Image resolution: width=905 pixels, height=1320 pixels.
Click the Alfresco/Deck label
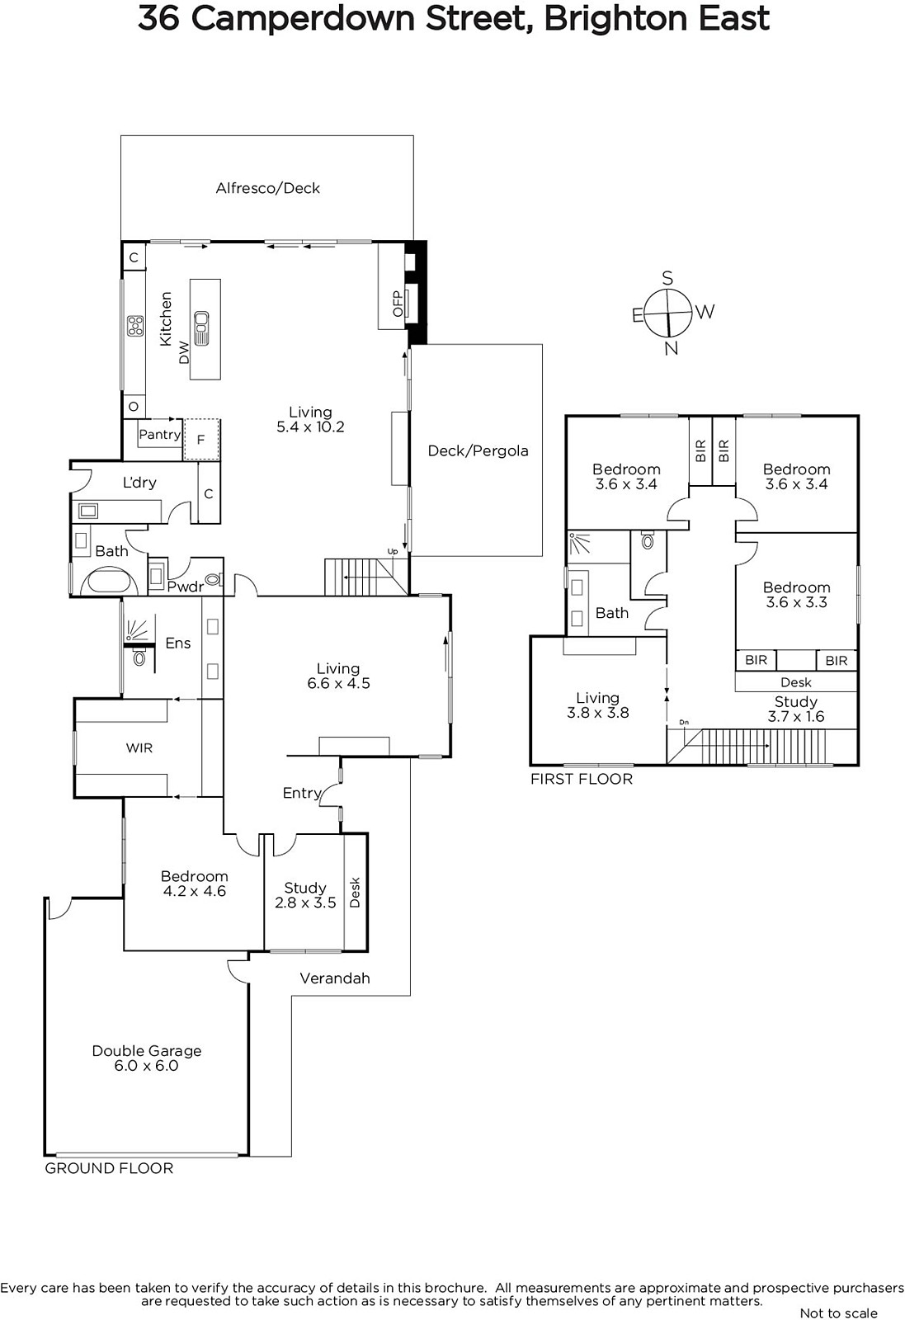[x=267, y=188]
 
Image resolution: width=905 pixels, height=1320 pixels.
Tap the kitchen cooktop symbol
[x=135, y=325]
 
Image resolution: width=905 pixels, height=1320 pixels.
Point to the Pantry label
[x=160, y=434]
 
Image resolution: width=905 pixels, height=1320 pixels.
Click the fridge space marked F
[x=201, y=440]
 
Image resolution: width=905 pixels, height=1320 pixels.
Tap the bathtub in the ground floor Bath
[x=110, y=581]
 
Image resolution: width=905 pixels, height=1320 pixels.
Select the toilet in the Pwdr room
[x=213, y=580]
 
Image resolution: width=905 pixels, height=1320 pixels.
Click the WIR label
[x=139, y=747]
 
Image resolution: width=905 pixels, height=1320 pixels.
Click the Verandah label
[x=335, y=978]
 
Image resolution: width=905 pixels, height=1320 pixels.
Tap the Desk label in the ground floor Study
[x=355, y=893]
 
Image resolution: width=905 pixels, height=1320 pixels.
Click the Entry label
[x=302, y=793]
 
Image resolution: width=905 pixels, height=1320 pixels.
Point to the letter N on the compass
[x=671, y=349]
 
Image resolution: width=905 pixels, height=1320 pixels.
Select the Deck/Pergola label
[x=478, y=450]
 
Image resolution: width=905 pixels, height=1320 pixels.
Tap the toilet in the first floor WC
[x=648, y=541]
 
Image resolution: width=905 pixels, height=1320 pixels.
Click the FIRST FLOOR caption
[x=582, y=779]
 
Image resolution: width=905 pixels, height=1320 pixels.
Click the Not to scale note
[x=838, y=1313]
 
